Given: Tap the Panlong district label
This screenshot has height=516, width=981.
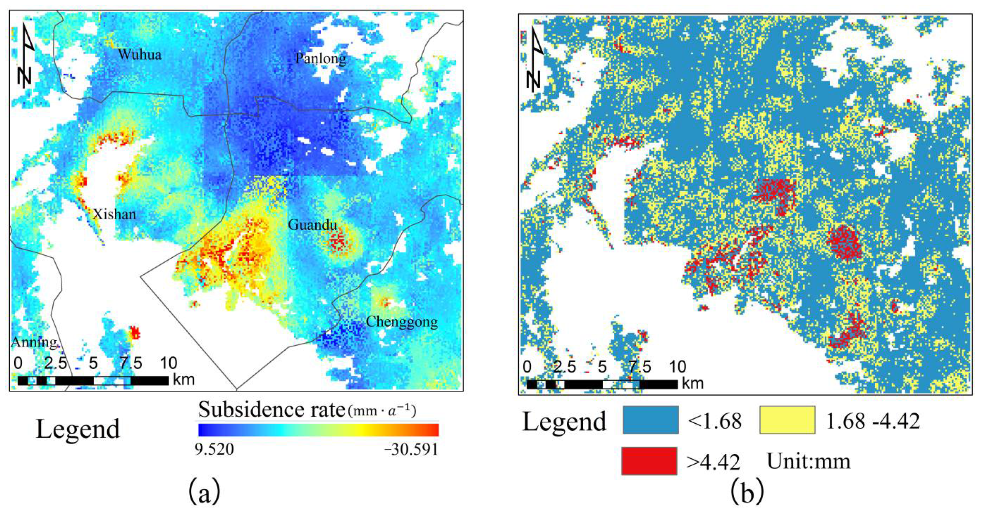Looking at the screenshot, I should point(321,58).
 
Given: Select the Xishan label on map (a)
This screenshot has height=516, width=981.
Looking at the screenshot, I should point(114,215).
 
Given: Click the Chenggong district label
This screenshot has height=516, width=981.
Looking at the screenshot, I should point(401,322).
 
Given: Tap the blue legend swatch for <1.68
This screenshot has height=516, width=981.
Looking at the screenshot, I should point(650,420).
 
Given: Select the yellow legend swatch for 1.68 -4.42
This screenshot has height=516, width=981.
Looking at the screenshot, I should point(787,420).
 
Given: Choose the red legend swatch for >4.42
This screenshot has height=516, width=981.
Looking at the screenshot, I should point(649,461).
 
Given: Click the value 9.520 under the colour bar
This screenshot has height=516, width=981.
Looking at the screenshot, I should point(215,450).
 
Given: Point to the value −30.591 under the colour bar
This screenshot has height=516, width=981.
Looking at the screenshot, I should point(411,450).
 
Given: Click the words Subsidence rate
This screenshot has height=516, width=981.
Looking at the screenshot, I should point(271,410).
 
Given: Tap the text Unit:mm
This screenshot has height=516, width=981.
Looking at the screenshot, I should point(808,461).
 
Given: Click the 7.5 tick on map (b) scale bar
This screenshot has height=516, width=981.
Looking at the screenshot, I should point(640,367).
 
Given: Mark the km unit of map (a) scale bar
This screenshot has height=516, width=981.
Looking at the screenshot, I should point(184,379).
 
